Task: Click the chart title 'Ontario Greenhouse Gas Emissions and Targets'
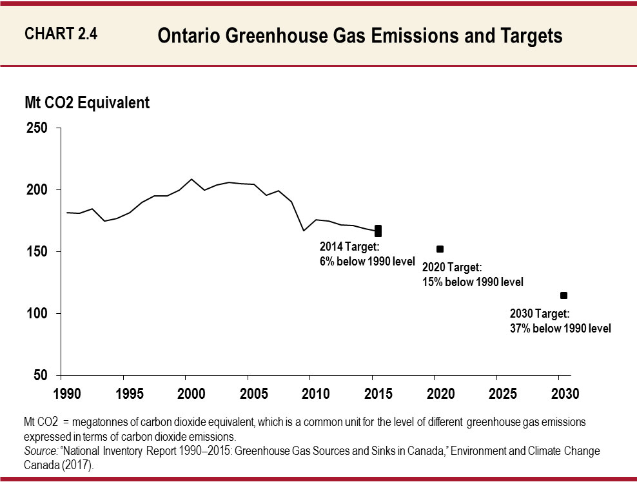360,36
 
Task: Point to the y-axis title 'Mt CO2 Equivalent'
87,102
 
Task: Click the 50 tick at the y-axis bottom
40,376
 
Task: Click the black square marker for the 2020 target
440,249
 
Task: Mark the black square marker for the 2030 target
563,295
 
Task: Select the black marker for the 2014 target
378,231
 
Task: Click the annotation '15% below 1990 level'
472,282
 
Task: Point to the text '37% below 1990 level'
560,328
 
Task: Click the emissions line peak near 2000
191,179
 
